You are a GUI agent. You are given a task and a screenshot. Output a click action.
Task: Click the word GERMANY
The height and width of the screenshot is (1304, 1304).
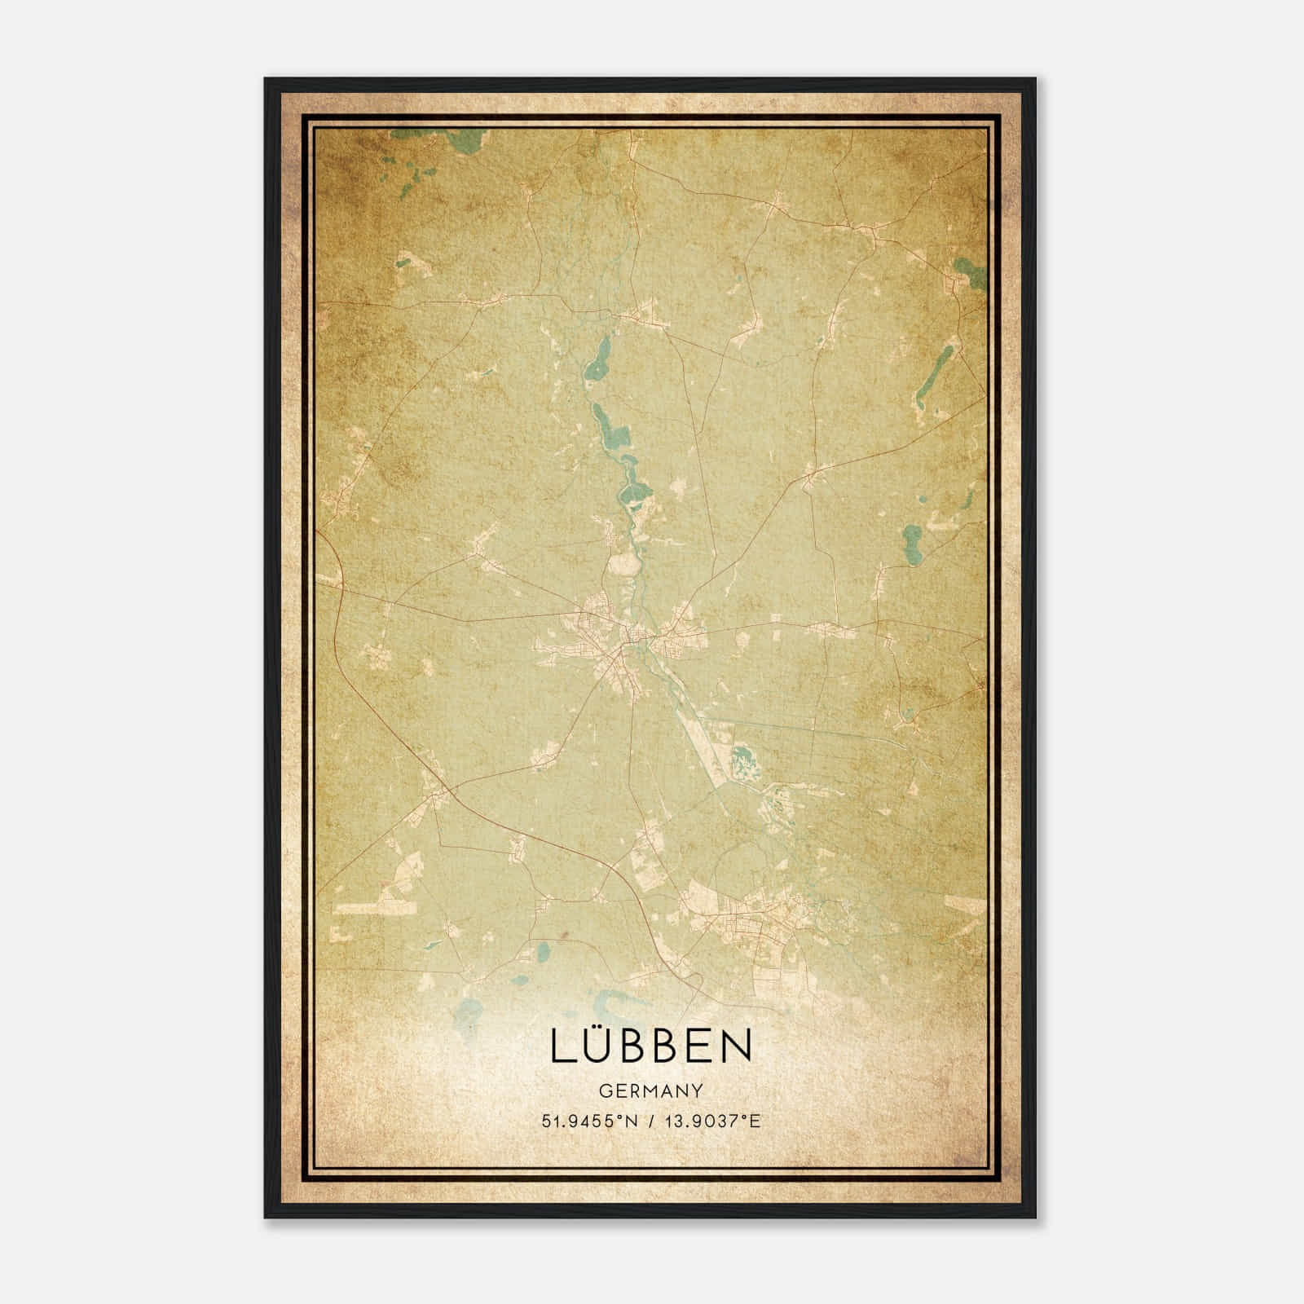click(651, 1090)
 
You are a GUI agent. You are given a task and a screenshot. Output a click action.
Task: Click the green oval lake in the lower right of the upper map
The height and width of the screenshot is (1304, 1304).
click(913, 538)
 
